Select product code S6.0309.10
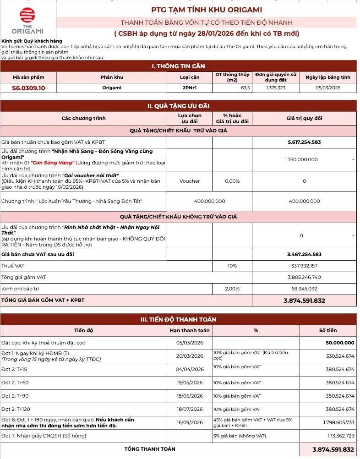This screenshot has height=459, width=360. pyautogui.click(x=28, y=88)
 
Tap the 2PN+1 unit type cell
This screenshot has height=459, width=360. pyautogui.click(x=189, y=88)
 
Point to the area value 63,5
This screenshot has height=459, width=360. pyautogui.click(x=245, y=88)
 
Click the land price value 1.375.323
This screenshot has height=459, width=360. pyautogui.click(x=275, y=88)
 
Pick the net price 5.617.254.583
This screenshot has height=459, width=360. pyautogui.click(x=304, y=142)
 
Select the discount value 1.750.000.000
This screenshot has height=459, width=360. pyautogui.click(x=301, y=159)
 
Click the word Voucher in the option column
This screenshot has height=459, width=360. pyautogui.click(x=189, y=181)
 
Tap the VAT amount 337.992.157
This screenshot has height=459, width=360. pyautogui.click(x=304, y=266)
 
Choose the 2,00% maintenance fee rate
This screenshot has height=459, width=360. pyautogui.click(x=232, y=289)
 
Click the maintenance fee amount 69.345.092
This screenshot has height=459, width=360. pyautogui.click(x=304, y=289)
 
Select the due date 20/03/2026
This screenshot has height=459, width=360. pyautogui.click(x=189, y=356)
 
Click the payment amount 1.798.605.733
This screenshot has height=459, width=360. pyautogui.click(x=335, y=422)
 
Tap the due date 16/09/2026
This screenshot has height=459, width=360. pyautogui.click(x=189, y=422)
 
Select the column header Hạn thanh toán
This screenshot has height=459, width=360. pyautogui.click(x=189, y=330)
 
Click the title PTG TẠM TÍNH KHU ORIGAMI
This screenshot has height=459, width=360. pyautogui.click(x=207, y=10)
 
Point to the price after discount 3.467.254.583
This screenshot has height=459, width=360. pyautogui.click(x=304, y=254)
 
